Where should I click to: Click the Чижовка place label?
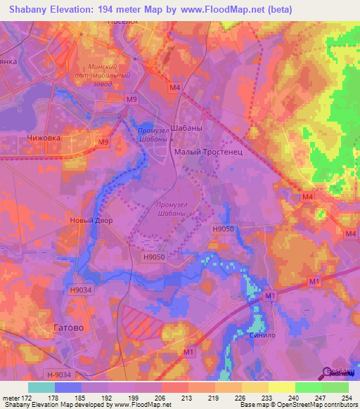[43, 138]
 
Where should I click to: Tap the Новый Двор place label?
[91, 220]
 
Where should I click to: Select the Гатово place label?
[68, 327]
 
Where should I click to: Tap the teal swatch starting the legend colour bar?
[41, 387]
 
